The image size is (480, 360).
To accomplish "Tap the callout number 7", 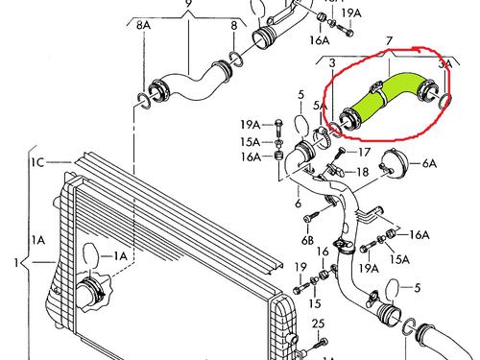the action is click(x=390, y=41).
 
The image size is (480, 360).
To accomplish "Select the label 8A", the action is click(x=143, y=25).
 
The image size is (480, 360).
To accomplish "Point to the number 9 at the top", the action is click(x=188, y=4).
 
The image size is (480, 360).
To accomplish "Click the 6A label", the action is click(x=429, y=163).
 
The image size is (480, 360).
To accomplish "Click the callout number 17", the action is click(x=364, y=152).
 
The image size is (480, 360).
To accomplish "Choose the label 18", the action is click(x=362, y=173).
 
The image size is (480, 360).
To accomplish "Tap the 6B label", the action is click(x=307, y=240).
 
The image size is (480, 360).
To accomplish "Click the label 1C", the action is click(x=37, y=162).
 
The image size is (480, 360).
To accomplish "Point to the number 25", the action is click(x=318, y=324).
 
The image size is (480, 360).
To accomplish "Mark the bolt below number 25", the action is click(x=320, y=344).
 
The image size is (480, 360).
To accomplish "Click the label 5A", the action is click(x=320, y=106).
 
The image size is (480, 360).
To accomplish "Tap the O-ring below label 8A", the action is click(x=144, y=101).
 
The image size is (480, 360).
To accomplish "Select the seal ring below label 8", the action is click(x=236, y=59).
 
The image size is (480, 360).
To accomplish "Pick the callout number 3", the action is click(x=332, y=63).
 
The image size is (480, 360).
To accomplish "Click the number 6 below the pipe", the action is click(x=298, y=203).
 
